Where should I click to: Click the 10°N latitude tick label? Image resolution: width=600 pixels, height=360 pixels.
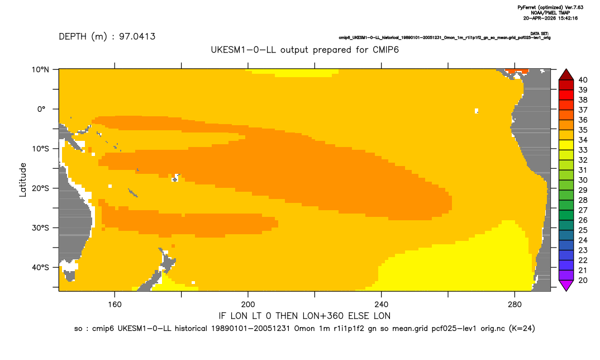tap(40, 70)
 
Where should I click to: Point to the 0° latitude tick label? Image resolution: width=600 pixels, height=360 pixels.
tap(41, 109)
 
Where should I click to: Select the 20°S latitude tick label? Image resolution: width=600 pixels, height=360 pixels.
tap(40, 188)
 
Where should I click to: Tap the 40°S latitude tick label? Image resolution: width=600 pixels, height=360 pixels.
tap(40, 267)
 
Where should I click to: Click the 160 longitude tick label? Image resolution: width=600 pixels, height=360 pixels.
tap(115, 305)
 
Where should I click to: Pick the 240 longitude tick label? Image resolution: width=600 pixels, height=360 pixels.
tap(382, 305)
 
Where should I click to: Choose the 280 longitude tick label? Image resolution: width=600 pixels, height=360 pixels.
tap(515, 305)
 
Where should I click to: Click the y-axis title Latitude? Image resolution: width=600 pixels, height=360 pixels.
tap(23, 180)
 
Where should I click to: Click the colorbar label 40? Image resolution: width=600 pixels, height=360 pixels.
tap(583, 80)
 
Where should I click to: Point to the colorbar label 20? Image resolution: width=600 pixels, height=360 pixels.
tap(583, 280)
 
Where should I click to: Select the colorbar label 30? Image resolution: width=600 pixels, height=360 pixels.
tap(583, 180)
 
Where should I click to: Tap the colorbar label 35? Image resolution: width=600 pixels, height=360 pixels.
tap(583, 130)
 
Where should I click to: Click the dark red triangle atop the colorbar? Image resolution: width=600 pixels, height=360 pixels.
tap(566, 75)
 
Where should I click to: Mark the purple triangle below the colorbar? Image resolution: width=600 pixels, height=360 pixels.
tap(566, 285)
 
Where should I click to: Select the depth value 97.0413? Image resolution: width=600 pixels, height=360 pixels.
tap(137, 36)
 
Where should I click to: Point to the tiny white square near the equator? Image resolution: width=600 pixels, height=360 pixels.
tap(477, 111)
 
